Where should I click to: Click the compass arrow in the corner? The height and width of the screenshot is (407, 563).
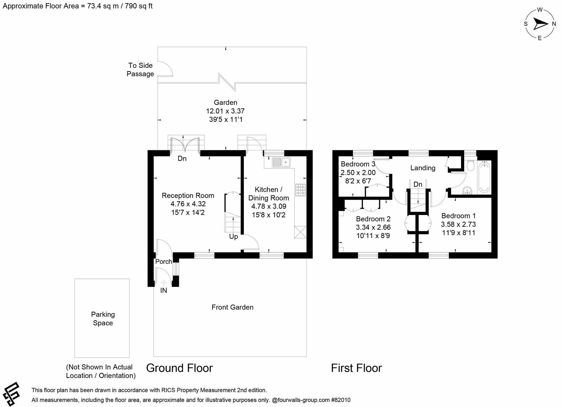pos(541,24)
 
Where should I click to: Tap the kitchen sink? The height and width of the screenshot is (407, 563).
pos(281,162)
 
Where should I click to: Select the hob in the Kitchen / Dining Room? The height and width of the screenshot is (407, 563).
pos(300,190)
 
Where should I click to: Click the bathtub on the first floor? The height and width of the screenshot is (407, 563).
pos(484,177)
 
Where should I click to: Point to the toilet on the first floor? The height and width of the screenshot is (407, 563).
pos(471,165)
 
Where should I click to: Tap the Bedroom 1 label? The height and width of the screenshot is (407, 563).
pos(458,216)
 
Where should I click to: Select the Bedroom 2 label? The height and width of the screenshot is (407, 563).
pos(373,219)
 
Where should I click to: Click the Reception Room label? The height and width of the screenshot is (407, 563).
pos(188,196)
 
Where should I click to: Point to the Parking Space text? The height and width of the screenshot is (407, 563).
pos(103,318)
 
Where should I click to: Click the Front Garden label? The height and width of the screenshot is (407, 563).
pos(232,307)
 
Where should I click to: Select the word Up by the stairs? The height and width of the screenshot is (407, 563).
pos(234,237)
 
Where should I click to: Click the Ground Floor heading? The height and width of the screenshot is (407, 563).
pos(179,368)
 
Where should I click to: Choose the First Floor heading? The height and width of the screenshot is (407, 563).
pos(356,368)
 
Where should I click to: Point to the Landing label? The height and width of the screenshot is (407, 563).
pos(423,168)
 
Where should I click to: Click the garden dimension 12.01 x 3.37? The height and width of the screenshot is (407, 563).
pos(225,111)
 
